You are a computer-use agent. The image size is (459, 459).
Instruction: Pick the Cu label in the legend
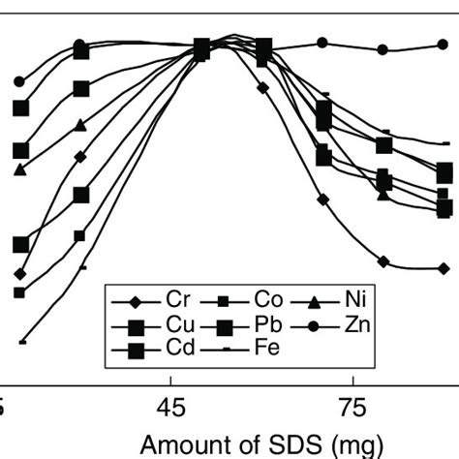point(177,323)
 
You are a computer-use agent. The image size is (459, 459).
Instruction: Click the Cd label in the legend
point(177,349)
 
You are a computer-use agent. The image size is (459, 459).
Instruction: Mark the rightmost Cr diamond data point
point(444,268)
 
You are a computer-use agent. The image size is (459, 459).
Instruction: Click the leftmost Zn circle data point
point(19,82)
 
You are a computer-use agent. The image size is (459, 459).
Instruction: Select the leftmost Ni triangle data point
point(19,169)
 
